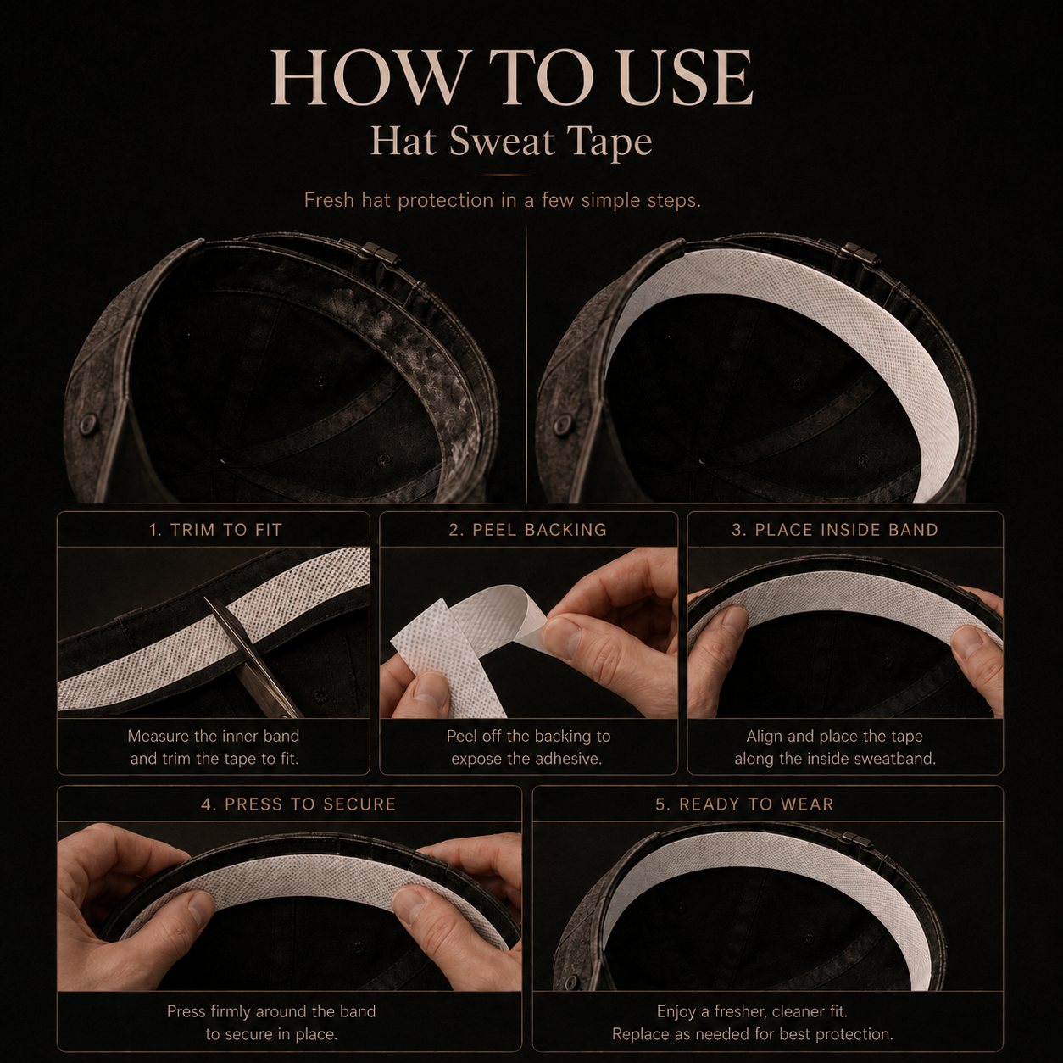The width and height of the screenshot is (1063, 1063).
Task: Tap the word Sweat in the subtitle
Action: [x=501, y=142]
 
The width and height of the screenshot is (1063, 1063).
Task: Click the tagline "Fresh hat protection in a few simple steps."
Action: [x=502, y=200]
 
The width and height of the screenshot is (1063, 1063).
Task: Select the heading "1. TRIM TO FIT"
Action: [x=215, y=530]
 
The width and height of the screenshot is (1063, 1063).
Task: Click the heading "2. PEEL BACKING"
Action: [x=528, y=530]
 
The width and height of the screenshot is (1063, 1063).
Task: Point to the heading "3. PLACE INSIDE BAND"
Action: [x=835, y=530]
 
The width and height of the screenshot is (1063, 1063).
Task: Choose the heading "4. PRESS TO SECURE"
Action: [x=298, y=804]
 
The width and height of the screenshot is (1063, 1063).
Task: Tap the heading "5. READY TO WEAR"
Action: [x=744, y=804]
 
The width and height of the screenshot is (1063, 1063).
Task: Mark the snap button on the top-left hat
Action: [x=88, y=423]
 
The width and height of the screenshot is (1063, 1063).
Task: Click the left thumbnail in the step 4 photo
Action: [x=198, y=909]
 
